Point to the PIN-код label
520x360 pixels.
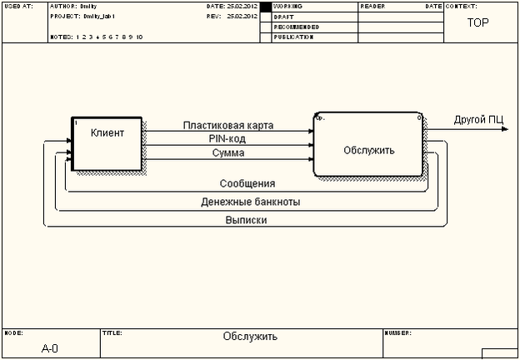click(x=227, y=138)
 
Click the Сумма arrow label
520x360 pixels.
click(x=227, y=152)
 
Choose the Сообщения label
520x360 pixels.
click(x=247, y=183)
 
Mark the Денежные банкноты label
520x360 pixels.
click(x=251, y=202)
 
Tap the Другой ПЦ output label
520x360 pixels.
click(x=478, y=120)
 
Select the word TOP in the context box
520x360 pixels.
click(x=477, y=23)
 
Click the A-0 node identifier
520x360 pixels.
click(x=50, y=348)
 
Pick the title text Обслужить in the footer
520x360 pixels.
click(x=250, y=337)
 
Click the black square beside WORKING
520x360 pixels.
click(x=266, y=7)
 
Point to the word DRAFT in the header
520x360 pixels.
click(x=284, y=17)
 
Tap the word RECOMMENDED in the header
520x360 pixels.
click(x=296, y=27)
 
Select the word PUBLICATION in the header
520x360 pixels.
click(x=293, y=37)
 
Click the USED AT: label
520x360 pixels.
click(x=18, y=7)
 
